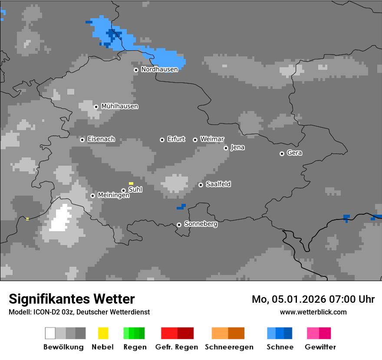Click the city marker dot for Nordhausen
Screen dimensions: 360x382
point(136,70)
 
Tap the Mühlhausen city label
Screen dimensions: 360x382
point(119,106)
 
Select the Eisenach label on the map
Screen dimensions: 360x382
point(101,139)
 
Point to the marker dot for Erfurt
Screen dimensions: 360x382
point(162,140)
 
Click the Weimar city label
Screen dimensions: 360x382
point(212,139)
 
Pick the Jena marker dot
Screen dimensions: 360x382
point(226,148)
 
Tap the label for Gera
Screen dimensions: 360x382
point(294,153)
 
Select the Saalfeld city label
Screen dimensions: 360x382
point(218,184)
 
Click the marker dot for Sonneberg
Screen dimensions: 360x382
point(179,225)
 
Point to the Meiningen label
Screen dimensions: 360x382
point(113,195)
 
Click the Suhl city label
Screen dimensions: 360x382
point(135,190)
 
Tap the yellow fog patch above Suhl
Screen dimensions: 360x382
point(131,183)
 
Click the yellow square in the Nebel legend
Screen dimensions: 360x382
point(103,333)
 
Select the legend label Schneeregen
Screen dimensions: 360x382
point(229,347)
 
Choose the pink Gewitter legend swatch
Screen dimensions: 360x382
point(313,333)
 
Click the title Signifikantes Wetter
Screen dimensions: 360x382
point(72,299)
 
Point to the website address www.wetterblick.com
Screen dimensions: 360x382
point(313,312)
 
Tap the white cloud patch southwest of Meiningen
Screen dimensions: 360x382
point(61,219)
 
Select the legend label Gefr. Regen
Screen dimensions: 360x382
point(176,347)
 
